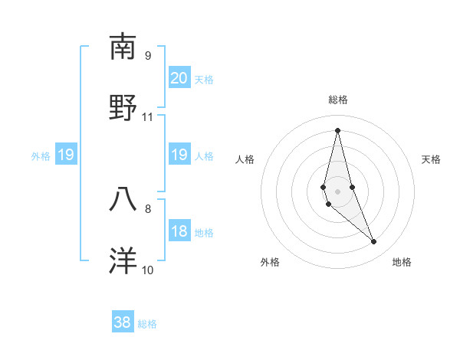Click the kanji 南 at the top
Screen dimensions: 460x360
pyautogui.click(x=123, y=47)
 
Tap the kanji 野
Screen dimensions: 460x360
pyautogui.click(x=123, y=107)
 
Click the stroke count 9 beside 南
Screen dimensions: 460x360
pyautogui.click(x=147, y=56)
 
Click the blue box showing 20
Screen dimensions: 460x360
pyautogui.click(x=179, y=78)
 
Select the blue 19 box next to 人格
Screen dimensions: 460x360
pyautogui.click(x=179, y=155)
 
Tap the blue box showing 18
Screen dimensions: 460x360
pyautogui.click(x=179, y=231)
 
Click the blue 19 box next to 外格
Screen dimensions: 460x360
pyautogui.click(x=65, y=155)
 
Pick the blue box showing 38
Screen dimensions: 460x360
pyautogui.click(x=123, y=322)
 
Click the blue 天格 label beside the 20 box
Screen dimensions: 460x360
pyautogui.click(x=203, y=79)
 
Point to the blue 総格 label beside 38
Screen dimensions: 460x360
pyautogui.click(x=147, y=324)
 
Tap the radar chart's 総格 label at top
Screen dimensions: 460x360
pyautogui.click(x=337, y=100)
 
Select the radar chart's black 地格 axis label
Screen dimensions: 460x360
pyautogui.click(x=402, y=262)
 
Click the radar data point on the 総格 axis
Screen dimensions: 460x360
pyautogui.click(x=337, y=129)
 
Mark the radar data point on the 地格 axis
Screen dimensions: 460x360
pyautogui.click(x=374, y=242)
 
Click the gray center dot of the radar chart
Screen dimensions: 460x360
pyautogui.click(x=337, y=190)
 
